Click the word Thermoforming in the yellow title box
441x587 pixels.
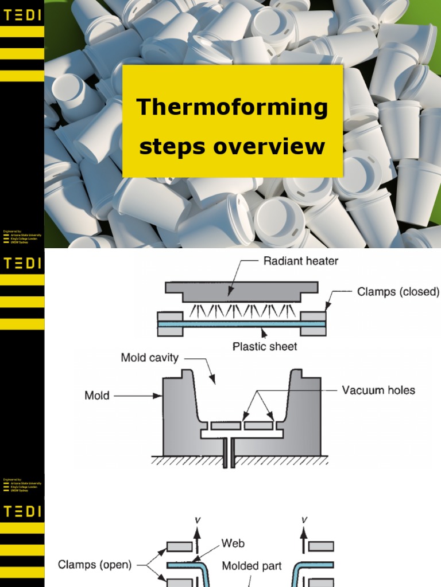click(x=232, y=107)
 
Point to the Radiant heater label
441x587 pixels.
click(x=300, y=261)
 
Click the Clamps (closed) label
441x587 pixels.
click(x=397, y=292)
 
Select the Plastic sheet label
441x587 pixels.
click(x=265, y=346)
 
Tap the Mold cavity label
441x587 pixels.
click(x=149, y=358)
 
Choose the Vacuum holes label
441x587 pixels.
click(x=378, y=390)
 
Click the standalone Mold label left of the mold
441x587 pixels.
click(x=96, y=396)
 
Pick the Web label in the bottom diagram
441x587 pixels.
click(x=233, y=542)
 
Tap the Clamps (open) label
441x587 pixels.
click(x=95, y=565)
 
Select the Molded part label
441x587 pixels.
click(x=252, y=566)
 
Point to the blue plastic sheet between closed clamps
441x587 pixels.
click(x=241, y=324)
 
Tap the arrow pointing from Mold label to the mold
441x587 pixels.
click(x=138, y=395)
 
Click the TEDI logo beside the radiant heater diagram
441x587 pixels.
click(x=22, y=263)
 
